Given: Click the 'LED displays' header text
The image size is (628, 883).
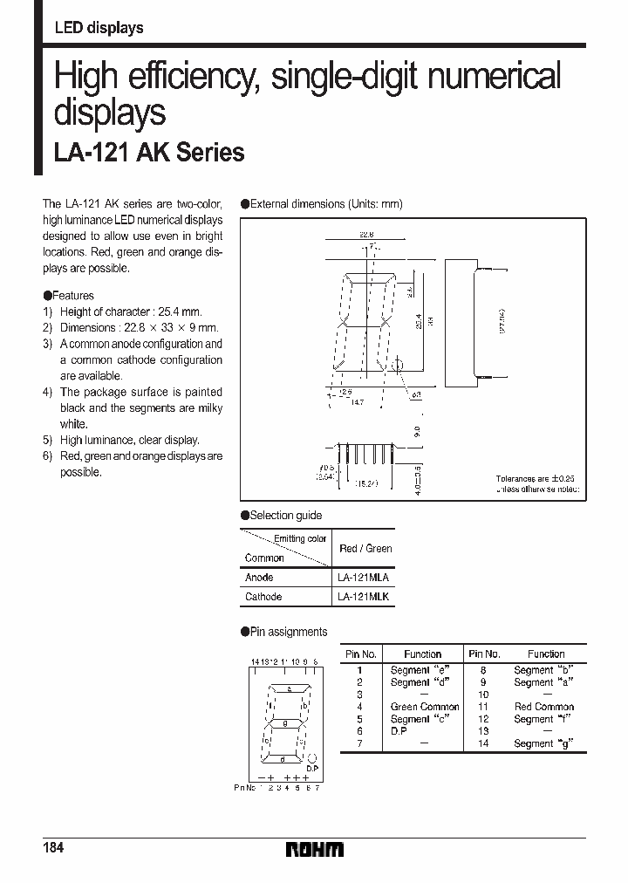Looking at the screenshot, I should tap(99, 28).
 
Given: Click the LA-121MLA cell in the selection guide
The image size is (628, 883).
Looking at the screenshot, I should tap(363, 578).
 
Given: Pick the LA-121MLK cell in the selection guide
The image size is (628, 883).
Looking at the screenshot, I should tap(363, 597).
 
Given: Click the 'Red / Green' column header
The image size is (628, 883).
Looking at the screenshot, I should tap(365, 548).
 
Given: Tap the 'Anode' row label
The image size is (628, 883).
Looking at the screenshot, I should tap(259, 578).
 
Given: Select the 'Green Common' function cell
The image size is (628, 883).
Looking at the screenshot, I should tap(424, 707).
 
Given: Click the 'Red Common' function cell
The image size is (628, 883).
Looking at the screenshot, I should tap(544, 707).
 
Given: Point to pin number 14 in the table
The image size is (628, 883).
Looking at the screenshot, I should tap(483, 743).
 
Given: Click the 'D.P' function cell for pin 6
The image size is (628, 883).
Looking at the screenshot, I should tap(399, 731).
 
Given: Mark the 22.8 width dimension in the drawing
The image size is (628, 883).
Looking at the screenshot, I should tap(367, 234).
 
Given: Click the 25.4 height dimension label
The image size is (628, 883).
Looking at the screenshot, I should tap(420, 322).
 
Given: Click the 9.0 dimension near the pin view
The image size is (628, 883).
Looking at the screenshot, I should tap(418, 431).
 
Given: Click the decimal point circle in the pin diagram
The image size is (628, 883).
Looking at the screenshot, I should tap(311, 758).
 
